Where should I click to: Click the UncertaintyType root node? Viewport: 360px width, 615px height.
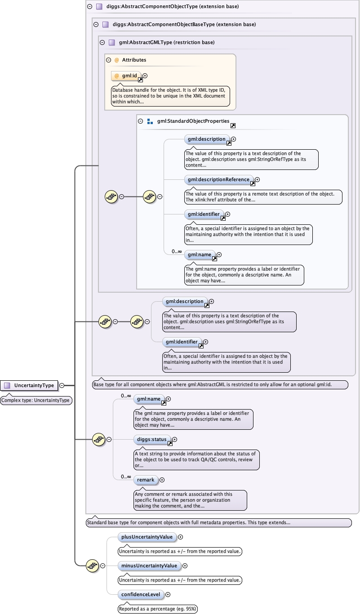pos(30,385)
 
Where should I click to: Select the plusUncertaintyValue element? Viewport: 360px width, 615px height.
pos(147,537)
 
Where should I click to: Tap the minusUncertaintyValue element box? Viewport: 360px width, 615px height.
pos(149,566)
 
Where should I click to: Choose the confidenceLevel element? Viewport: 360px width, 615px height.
pos(141,594)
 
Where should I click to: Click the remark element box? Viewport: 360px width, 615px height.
pos(146,480)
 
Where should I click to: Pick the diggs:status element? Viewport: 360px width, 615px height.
pos(152,440)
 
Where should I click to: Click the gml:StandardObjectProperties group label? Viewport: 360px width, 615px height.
pos(193,121)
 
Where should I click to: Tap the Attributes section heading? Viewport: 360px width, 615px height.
pos(134,60)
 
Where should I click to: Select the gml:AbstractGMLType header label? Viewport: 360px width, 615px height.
pos(167,43)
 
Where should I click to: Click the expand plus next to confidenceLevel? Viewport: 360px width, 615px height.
pos(168,594)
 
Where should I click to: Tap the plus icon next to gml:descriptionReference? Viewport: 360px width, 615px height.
pos(258,180)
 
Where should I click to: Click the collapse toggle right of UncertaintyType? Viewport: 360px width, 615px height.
pos(62,385)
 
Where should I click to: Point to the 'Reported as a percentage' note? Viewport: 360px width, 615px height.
pos(158,609)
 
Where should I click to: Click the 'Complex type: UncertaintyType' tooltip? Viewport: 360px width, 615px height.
pos(36,400)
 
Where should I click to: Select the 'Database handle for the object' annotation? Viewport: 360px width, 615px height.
pos(170,96)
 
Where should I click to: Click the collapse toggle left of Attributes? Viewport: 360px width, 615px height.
pos(108,60)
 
